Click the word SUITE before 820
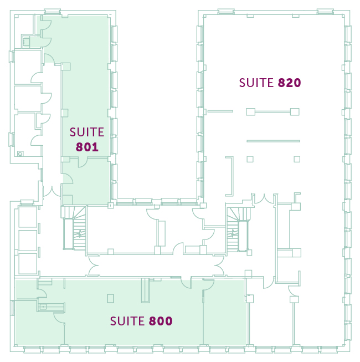[x=256, y=83]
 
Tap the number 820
[x=290, y=83]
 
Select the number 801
[x=87, y=147]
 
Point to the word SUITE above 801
[x=87, y=132]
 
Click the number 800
[x=161, y=321]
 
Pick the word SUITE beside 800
[x=127, y=321]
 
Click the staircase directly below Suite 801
[x=74, y=228]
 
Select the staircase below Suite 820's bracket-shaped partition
[x=239, y=230]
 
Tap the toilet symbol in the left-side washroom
[x=20, y=154]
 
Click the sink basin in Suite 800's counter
[x=43, y=307]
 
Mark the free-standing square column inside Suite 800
[x=110, y=298]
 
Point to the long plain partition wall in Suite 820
[x=273, y=141]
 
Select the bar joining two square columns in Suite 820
[x=272, y=112]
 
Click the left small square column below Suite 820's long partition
[x=250, y=159]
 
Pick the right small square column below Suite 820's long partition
[x=297, y=159]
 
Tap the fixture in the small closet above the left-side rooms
[x=26, y=42]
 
